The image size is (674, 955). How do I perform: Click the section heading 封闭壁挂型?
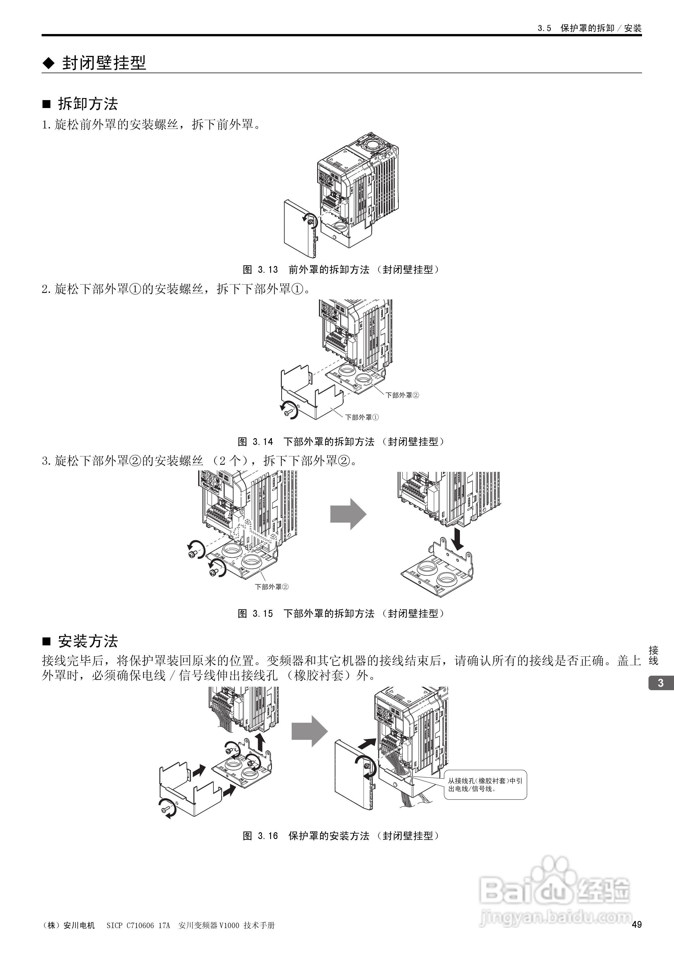pyautogui.click(x=104, y=63)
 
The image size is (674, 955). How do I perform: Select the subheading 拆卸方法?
pyautogui.click(x=88, y=103)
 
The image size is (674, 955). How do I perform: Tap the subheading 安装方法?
pyautogui.click(x=88, y=641)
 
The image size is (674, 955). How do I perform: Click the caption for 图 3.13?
pyautogui.click(x=341, y=270)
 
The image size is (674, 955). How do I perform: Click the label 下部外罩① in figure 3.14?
pyautogui.click(x=362, y=417)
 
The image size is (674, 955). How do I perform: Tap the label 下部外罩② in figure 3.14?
pyautogui.click(x=402, y=395)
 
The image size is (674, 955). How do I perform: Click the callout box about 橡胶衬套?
pyautogui.click(x=485, y=785)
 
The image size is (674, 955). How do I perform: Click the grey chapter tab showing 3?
pyautogui.click(x=661, y=683)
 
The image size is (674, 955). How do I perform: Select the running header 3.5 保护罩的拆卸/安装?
pyautogui.click(x=589, y=28)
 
